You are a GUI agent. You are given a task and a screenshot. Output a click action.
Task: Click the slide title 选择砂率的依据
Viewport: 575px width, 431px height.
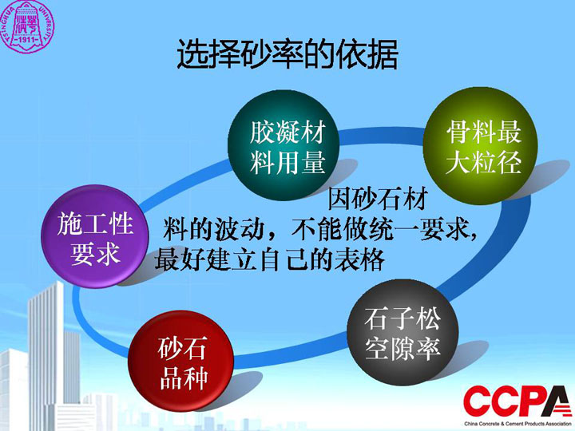tap(287, 54)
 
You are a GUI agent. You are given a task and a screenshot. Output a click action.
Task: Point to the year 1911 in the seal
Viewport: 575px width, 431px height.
tap(27, 39)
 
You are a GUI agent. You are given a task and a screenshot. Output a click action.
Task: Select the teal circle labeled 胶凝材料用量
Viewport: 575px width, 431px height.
tap(284, 146)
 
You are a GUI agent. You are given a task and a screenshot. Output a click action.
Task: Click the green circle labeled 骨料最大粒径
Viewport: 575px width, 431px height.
tap(481, 145)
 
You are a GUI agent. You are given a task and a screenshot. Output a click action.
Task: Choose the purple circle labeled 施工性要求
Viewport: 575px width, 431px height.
tap(94, 236)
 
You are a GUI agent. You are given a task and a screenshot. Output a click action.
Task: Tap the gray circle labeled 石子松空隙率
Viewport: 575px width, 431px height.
tap(402, 334)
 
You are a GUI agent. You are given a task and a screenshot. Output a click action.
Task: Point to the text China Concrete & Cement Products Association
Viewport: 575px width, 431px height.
tap(517, 424)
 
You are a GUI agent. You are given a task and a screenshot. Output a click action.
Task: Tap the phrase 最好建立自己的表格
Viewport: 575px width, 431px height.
tap(270, 259)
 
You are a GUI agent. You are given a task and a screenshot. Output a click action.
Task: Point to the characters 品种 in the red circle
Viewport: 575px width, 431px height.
tap(184, 378)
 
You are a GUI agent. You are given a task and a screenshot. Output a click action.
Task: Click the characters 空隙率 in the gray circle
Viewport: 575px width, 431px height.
tap(402, 349)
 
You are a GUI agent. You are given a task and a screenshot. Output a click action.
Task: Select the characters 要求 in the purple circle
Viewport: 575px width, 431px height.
tap(95, 254)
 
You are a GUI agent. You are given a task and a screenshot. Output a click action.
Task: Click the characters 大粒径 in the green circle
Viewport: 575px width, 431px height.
tap(484, 161)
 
